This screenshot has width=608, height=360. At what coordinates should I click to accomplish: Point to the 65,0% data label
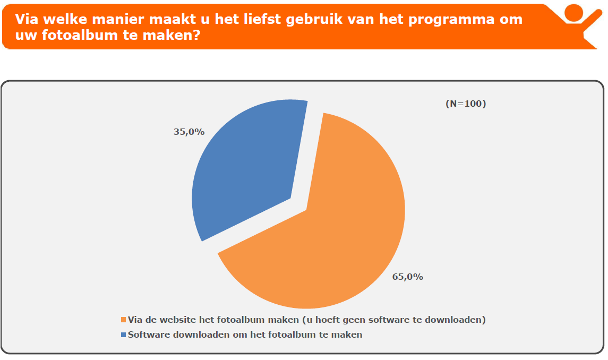[408, 277]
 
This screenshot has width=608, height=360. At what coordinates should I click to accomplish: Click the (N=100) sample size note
[466, 104]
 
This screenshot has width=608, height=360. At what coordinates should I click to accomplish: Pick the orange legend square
[124, 320]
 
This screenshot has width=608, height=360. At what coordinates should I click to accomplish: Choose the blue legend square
[124, 335]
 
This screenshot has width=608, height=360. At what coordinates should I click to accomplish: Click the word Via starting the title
[27, 20]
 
